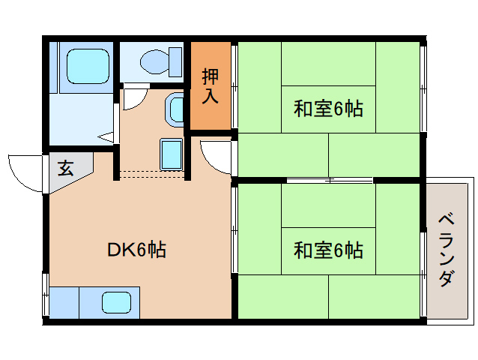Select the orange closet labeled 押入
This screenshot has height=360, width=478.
tap(211, 85)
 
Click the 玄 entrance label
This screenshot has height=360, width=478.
tap(66, 169)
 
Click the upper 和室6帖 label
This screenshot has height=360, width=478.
tap(327, 109)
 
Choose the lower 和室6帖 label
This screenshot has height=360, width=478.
tap(327, 249)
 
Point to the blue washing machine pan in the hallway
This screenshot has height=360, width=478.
tap(172, 154)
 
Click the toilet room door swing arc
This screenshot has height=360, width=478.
tap(134, 98)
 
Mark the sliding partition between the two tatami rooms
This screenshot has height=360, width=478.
tap(330, 180)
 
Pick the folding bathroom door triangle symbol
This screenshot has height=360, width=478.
tap(107, 136)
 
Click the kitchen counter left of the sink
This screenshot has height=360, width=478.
tap(64, 303)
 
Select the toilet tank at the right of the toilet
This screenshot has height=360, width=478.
tap(176, 58)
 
